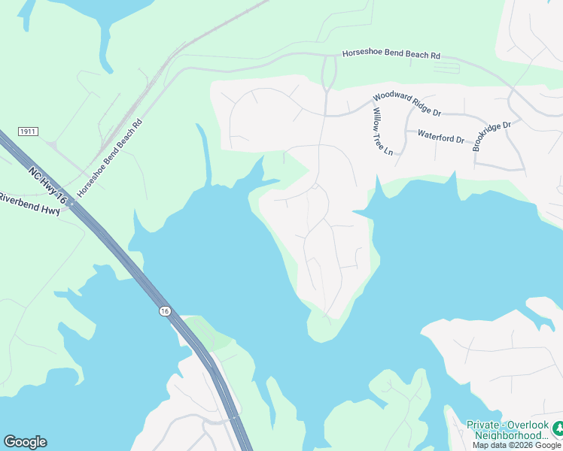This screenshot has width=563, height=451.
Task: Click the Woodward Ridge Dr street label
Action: pyautogui.click(x=406, y=104)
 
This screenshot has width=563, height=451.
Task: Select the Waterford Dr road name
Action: pyautogui.click(x=441, y=138)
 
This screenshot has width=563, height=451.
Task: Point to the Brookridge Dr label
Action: pyautogui.click(x=492, y=136)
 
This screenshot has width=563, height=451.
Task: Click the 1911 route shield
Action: pyautogui.click(x=29, y=132)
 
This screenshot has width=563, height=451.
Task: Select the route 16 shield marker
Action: pyautogui.click(x=164, y=310)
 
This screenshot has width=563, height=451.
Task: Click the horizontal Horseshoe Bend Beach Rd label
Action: pyautogui.click(x=391, y=55)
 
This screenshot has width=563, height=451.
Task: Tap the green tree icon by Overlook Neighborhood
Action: pyautogui.click(x=558, y=428)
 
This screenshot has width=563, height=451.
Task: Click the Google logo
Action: pyautogui.click(x=25, y=442)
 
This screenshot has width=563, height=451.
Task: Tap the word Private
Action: pyautogui.click(x=483, y=425)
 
